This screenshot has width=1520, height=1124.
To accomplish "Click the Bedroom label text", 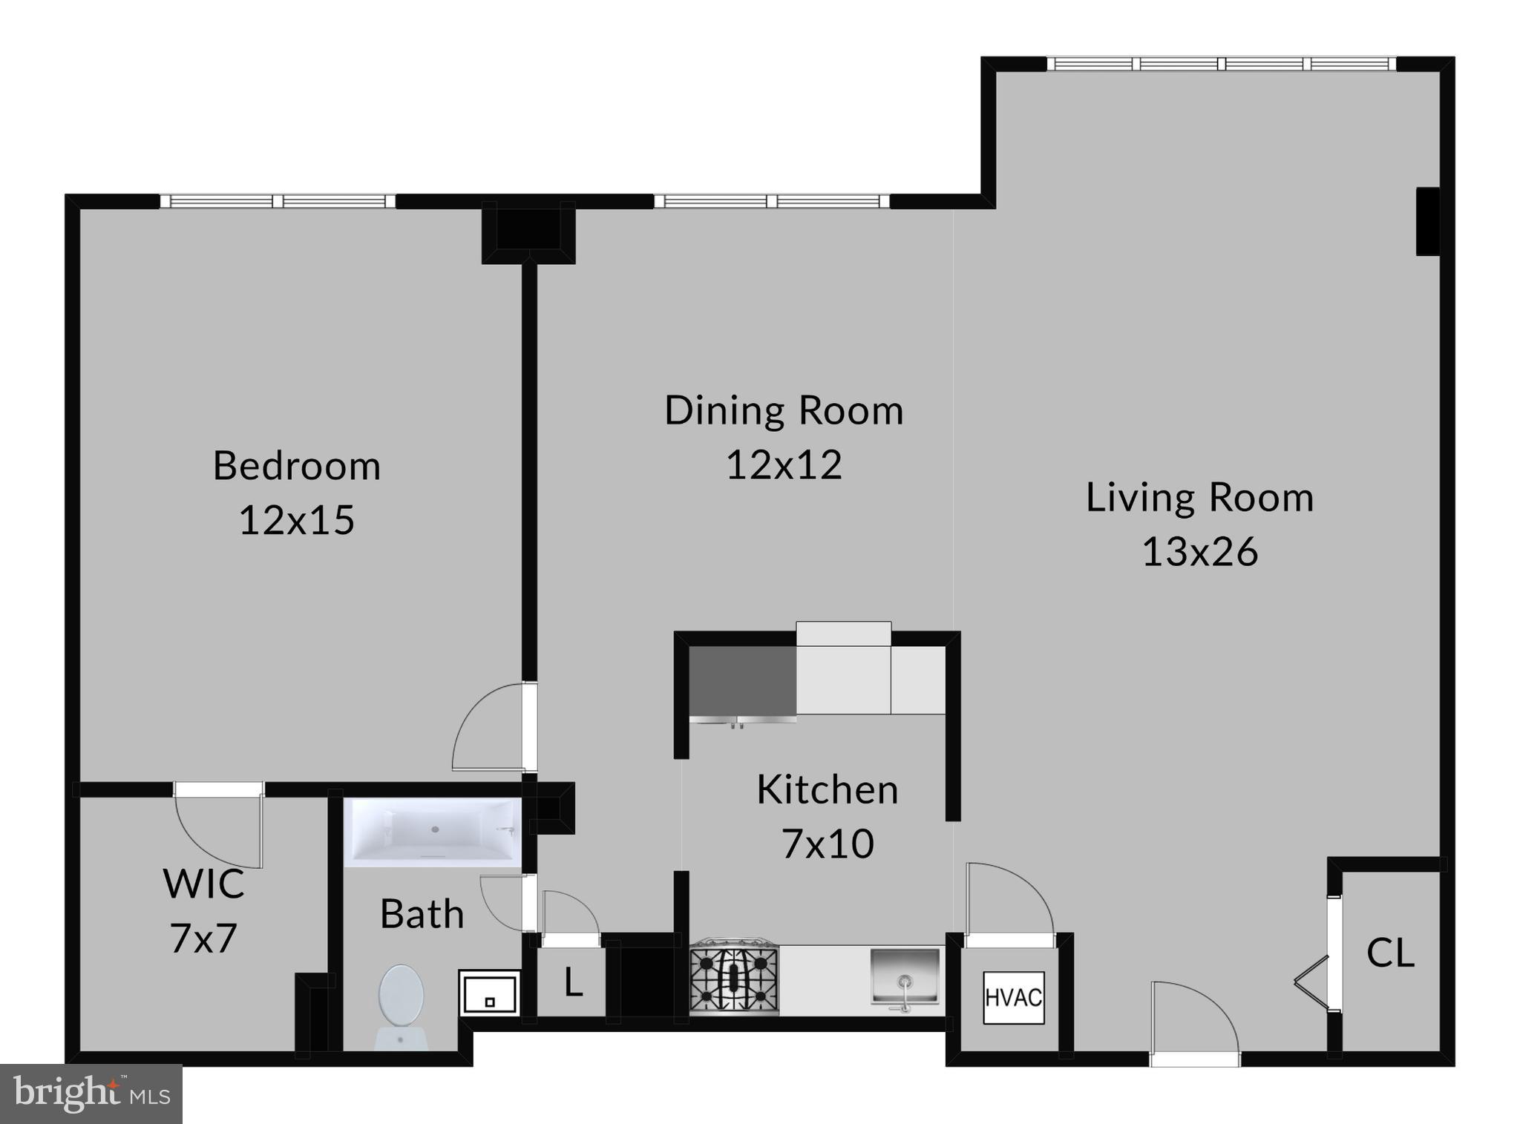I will [297, 466].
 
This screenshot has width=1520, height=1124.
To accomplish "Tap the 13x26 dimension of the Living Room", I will [1199, 552].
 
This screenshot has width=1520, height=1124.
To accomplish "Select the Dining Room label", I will [784, 410].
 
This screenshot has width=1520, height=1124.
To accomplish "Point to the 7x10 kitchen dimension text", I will [828, 844].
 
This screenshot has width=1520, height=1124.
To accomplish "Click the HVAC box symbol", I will [1014, 998].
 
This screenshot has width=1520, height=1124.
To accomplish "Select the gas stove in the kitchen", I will [734, 979].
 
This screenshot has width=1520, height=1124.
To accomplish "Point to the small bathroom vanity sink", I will [488, 993].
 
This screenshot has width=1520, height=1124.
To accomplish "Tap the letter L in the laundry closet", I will [573, 983].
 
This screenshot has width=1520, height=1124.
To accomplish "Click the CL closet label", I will [1390, 953].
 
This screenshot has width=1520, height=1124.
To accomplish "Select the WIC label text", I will [203, 884].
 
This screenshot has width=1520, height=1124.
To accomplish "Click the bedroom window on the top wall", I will [278, 201].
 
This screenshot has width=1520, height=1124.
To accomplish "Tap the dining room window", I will [771, 201].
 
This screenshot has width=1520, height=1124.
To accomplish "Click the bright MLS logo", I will [91, 1094].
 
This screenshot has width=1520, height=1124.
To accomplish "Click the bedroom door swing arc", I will [486, 731].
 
